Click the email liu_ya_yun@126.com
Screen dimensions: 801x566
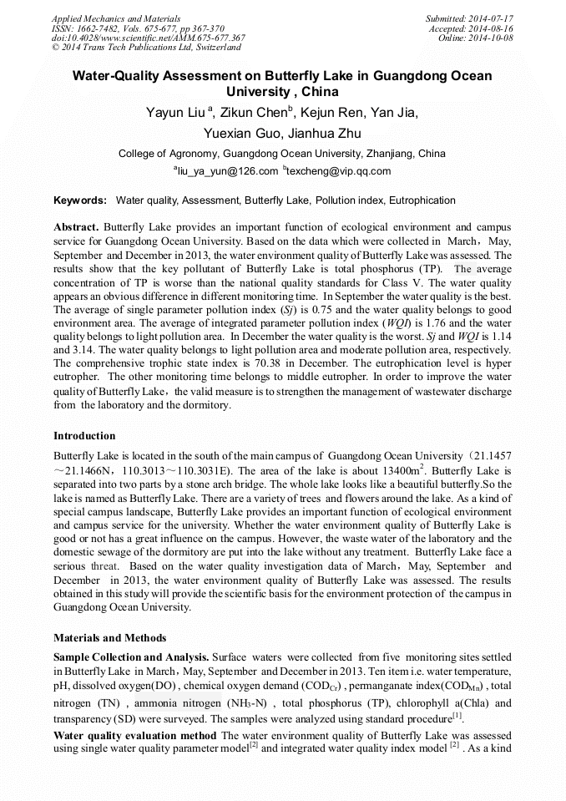(x=225, y=171)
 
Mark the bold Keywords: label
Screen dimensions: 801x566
(x=80, y=200)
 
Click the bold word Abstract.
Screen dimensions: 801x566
(x=76, y=227)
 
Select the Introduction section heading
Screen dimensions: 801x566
(x=84, y=436)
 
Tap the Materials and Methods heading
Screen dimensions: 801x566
(x=109, y=638)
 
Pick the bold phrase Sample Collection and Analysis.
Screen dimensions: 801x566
(x=131, y=658)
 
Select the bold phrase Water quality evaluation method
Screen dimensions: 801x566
(x=134, y=736)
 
